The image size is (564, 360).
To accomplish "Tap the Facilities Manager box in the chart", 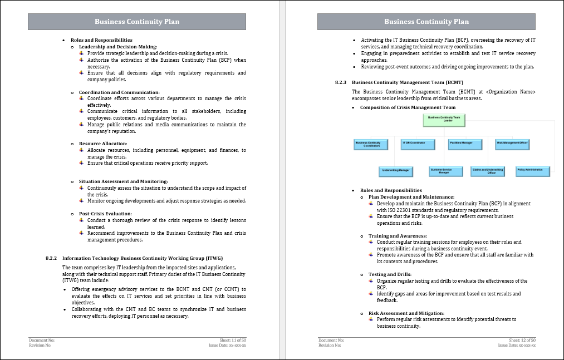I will coord(462,144).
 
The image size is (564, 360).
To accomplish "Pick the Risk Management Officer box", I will coord(512,144).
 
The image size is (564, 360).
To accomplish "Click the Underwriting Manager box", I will coord(396,171).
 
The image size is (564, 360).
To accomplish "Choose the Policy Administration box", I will coord(533,170).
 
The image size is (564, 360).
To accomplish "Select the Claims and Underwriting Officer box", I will coord(488,171).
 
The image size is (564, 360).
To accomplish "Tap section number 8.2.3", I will coord(341,82).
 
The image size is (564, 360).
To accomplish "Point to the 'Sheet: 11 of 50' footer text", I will coord(233,339).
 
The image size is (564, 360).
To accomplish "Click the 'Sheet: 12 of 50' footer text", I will coord(522,339).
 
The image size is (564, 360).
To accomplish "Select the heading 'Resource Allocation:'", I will coord(103,144).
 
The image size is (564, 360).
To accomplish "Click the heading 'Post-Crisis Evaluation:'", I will coord(105,214).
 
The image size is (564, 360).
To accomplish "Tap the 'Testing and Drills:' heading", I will coord(390,274).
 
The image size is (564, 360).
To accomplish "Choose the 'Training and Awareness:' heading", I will coord(398,236).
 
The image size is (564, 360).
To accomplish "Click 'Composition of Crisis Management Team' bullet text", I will coord(408,107).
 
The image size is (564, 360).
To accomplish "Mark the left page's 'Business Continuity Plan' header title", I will coord(137,22).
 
